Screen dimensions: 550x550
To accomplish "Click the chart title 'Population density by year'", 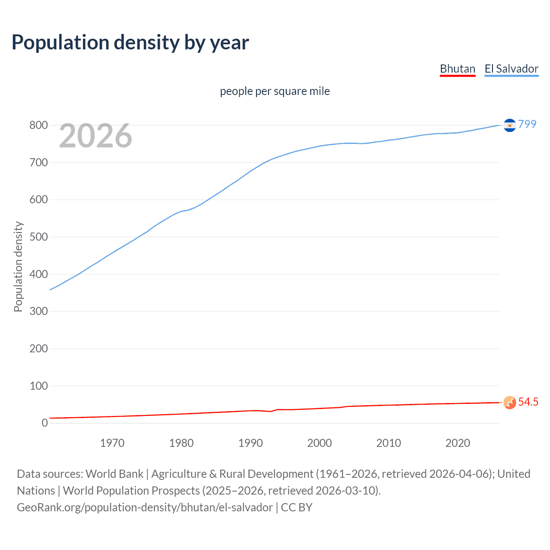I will coord(130,43).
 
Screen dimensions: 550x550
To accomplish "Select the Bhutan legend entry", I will coord(458,69).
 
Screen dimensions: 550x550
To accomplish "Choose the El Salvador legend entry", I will coord(511,69).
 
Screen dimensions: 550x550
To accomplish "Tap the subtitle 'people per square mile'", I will coord(275,91).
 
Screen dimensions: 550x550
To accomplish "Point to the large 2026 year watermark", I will coord(95,136).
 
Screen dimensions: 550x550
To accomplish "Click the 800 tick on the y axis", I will coord(38,125).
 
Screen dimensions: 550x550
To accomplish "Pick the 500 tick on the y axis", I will coord(38,237).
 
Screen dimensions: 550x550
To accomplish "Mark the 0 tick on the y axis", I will coord(45,423).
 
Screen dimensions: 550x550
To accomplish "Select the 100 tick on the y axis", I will coord(38,386).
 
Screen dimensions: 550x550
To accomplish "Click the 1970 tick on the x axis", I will coord(112,443).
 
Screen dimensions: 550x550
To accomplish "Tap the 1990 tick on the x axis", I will coord(251,443).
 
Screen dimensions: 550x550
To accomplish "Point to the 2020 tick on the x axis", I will coord(458,443).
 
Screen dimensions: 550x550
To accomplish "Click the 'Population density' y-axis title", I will coord(18,266).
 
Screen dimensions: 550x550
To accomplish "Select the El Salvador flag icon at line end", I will coord(510,125).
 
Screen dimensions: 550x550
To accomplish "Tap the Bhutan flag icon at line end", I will coord(510,403).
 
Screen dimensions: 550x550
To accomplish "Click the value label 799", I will coord(527,124).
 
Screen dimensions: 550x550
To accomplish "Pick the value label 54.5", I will coord(528,402).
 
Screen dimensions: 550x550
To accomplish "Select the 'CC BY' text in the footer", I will coord(296,507).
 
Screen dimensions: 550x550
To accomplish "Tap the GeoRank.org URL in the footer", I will coord(145,507).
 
